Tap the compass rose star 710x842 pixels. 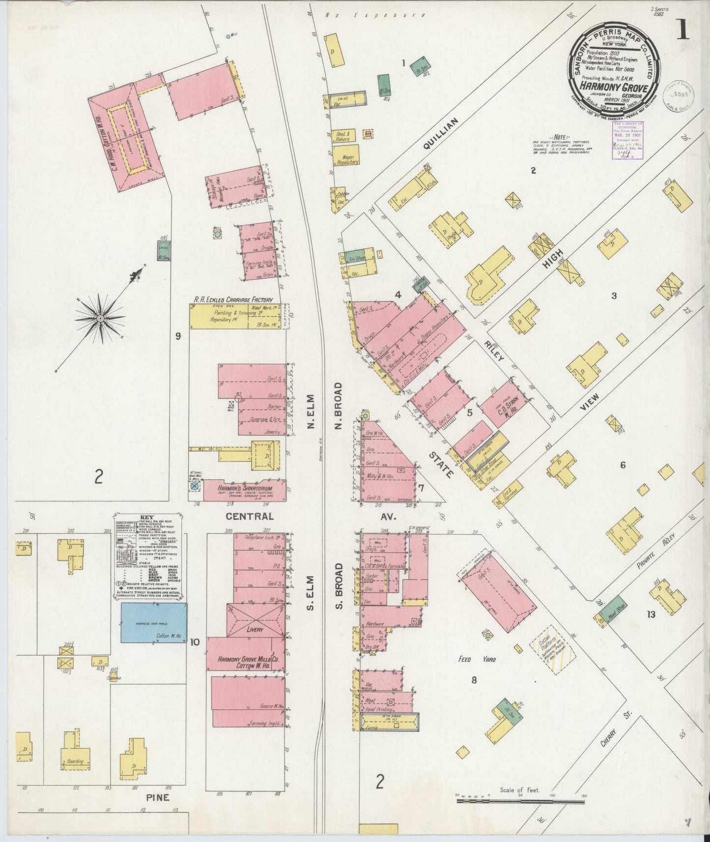[100, 318]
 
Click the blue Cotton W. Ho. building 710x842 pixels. [154, 623]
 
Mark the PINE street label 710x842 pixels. [158, 797]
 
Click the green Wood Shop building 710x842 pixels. [612, 609]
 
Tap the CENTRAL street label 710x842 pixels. [250, 516]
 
